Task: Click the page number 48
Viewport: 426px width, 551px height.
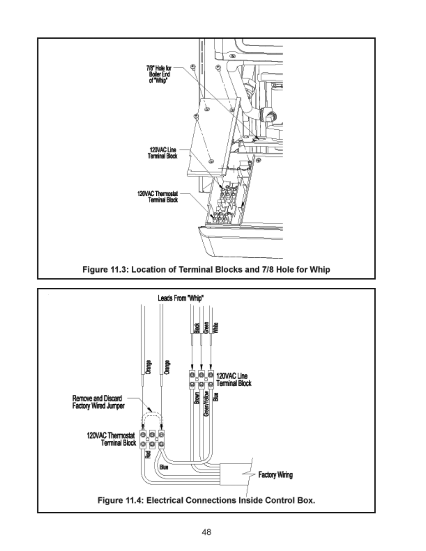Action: [x=206, y=532]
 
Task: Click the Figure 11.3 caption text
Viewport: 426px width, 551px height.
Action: [x=206, y=269]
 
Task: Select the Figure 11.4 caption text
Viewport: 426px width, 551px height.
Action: [x=206, y=500]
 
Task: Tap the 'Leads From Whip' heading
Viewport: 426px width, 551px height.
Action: [x=181, y=298]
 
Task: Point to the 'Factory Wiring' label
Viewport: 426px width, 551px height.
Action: [x=276, y=475]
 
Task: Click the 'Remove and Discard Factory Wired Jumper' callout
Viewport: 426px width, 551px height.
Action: [x=98, y=402]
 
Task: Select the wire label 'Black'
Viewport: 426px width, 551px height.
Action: [x=196, y=328]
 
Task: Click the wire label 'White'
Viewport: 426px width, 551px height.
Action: [x=216, y=327]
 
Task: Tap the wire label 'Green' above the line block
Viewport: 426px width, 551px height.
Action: [x=206, y=328]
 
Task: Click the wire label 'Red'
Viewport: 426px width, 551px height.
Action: [x=147, y=455]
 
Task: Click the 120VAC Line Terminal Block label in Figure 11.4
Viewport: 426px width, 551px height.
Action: [x=234, y=380]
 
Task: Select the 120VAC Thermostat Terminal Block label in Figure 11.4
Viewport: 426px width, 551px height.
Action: [x=112, y=439]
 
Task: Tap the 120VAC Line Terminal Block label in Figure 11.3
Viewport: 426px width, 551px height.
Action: [x=163, y=153]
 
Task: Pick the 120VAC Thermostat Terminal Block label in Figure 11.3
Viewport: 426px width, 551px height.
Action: [x=157, y=197]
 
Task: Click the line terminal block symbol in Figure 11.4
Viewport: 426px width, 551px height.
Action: [x=201, y=379]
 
